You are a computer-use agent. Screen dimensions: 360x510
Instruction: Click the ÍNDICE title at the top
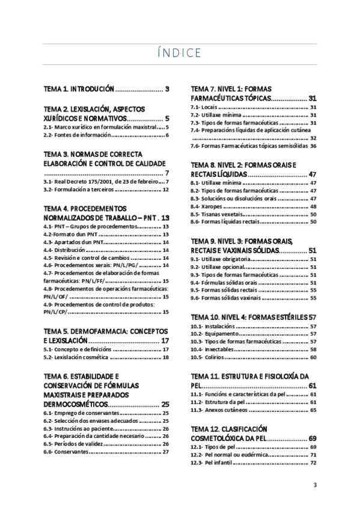[180, 53]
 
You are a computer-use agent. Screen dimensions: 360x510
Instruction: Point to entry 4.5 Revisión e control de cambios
[90, 257]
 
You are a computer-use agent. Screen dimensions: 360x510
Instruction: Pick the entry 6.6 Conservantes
[66, 452]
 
